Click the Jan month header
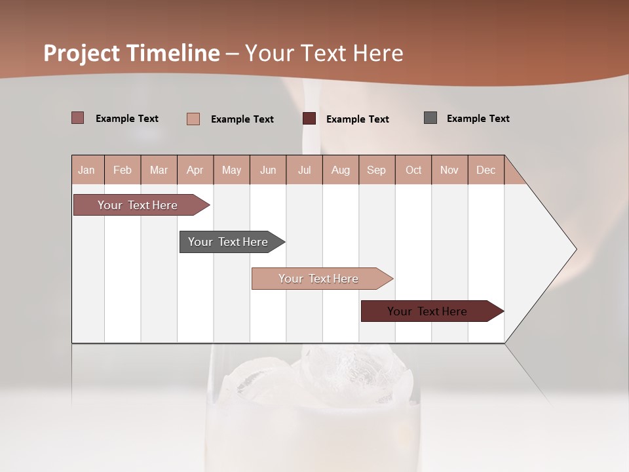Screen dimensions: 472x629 (x=87, y=170)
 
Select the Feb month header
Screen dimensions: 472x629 (x=123, y=170)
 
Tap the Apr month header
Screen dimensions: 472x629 (x=195, y=170)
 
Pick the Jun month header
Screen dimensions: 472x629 (x=268, y=170)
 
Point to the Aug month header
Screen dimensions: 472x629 (x=341, y=170)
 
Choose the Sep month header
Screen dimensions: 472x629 (x=377, y=170)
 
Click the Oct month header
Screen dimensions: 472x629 (x=413, y=170)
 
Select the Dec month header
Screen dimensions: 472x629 (x=486, y=170)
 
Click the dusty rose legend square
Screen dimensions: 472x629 (x=78, y=118)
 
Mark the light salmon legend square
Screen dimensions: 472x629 (x=193, y=119)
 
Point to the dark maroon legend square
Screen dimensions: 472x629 (x=309, y=119)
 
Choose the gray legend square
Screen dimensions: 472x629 (x=430, y=118)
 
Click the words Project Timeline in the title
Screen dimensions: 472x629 (x=132, y=53)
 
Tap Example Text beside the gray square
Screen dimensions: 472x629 (x=478, y=119)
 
